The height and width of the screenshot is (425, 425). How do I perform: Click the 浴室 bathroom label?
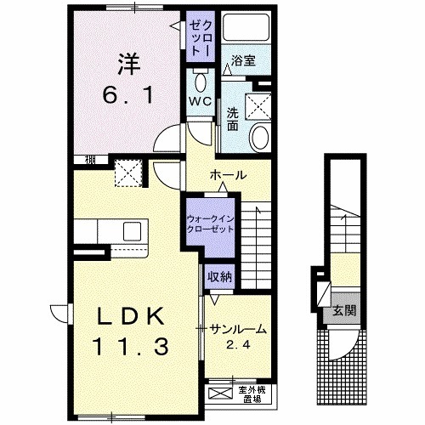[243, 60]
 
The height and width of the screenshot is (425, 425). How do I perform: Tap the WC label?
[201, 101]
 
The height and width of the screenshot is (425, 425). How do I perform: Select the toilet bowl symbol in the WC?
[201, 82]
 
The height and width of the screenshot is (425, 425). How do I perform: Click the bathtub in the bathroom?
[246, 27]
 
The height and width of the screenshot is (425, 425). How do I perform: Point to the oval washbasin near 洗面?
[260, 138]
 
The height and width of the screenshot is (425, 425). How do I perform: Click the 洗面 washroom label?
[233, 120]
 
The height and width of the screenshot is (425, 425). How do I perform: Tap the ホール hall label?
[228, 175]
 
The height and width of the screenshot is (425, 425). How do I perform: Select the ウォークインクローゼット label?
[210, 224]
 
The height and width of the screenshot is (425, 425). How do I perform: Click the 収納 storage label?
[219, 277]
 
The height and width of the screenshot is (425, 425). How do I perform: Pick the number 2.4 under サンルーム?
[238, 344]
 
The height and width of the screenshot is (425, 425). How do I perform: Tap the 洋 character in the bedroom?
[128, 64]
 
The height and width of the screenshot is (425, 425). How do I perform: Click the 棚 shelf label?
[90, 160]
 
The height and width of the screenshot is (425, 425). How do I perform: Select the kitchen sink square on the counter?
[132, 231]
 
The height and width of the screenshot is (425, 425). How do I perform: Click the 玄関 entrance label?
[344, 310]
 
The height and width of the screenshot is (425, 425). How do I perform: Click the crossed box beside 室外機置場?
[220, 393]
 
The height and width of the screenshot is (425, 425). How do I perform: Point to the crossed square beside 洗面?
[258, 107]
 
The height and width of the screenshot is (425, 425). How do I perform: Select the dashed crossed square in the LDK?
[128, 173]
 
